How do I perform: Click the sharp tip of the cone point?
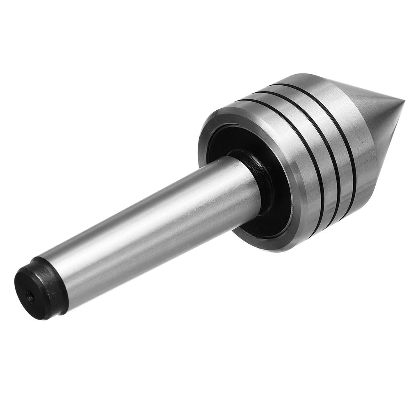point(404,100)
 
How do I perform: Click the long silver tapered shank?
point(156,221)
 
